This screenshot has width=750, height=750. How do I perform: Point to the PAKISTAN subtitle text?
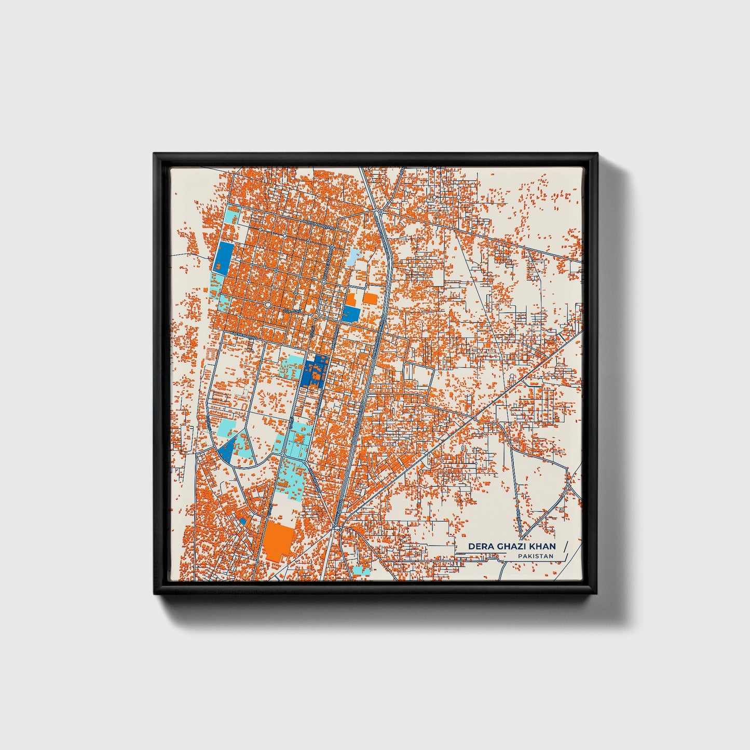[535, 556]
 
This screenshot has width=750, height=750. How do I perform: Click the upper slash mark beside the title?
[565, 546]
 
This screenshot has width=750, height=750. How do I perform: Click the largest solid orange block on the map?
[278, 540]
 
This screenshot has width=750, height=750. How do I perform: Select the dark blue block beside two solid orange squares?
[351, 313]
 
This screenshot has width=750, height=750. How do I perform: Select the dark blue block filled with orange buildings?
[315, 371]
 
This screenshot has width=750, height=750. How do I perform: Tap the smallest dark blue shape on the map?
[242, 521]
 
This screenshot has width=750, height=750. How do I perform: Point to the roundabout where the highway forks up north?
[380, 212]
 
